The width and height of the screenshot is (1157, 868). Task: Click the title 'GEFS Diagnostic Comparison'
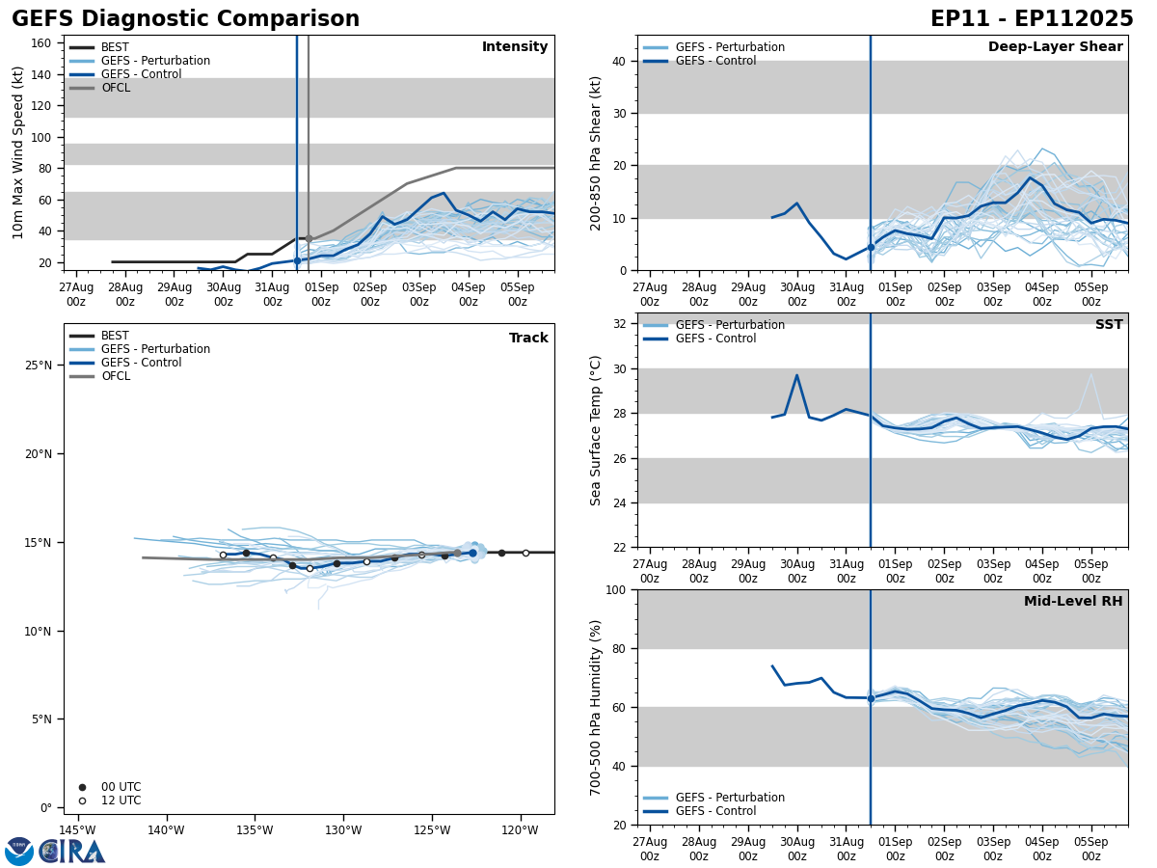point(185,19)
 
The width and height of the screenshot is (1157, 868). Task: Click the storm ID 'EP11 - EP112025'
point(1032,19)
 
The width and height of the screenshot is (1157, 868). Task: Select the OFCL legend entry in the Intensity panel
point(115,88)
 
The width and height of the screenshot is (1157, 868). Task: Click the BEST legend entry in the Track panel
point(115,336)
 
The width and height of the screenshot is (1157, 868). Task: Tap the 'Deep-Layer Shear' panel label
point(1055,47)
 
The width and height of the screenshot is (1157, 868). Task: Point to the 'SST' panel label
point(1109,325)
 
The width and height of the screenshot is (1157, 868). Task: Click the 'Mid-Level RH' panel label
point(1073,602)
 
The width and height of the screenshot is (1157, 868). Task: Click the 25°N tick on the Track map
point(39,366)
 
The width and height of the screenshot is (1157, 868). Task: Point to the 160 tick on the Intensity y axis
point(40,42)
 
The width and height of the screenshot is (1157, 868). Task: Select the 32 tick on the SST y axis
point(621,324)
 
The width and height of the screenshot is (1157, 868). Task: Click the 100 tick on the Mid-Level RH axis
point(616,589)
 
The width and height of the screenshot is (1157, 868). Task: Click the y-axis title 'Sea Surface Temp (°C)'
point(597,430)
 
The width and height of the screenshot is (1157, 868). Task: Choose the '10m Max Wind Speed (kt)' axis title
point(18,152)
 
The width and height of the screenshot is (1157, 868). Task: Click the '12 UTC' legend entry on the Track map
point(121,800)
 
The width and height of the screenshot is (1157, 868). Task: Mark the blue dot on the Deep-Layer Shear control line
point(870,247)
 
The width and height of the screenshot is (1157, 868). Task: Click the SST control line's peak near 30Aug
point(796,375)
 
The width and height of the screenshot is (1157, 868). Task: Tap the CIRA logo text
point(72,852)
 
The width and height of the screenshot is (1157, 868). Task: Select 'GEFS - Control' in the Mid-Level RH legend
point(715,811)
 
